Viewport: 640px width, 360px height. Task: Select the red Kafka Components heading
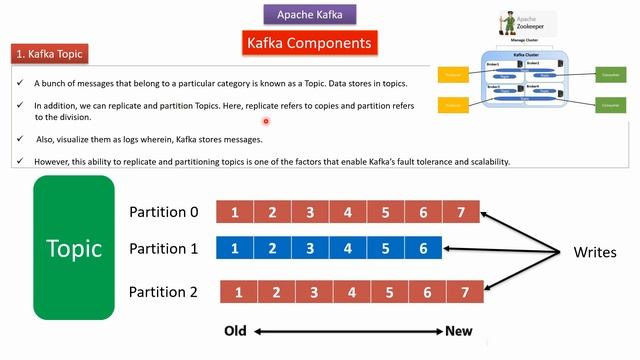[x=310, y=43]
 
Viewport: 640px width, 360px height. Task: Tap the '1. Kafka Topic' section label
[x=50, y=53]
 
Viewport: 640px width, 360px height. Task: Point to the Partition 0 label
[x=164, y=212]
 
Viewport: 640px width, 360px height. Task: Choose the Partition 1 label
[x=164, y=248]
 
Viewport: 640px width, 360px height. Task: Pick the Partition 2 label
[x=164, y=292]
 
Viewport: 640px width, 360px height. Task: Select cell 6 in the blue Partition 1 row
[x=424, y=248]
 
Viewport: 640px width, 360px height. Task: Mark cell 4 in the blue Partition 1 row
[x=348, y=248]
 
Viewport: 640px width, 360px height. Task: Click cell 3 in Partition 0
[x=311, y=212]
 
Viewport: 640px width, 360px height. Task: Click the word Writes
[x=594, y=252]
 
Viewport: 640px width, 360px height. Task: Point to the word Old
[x=236, y=331]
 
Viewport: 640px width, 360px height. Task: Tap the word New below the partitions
[x=459, y=331]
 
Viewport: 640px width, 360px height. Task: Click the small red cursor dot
[x=268, y=122]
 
